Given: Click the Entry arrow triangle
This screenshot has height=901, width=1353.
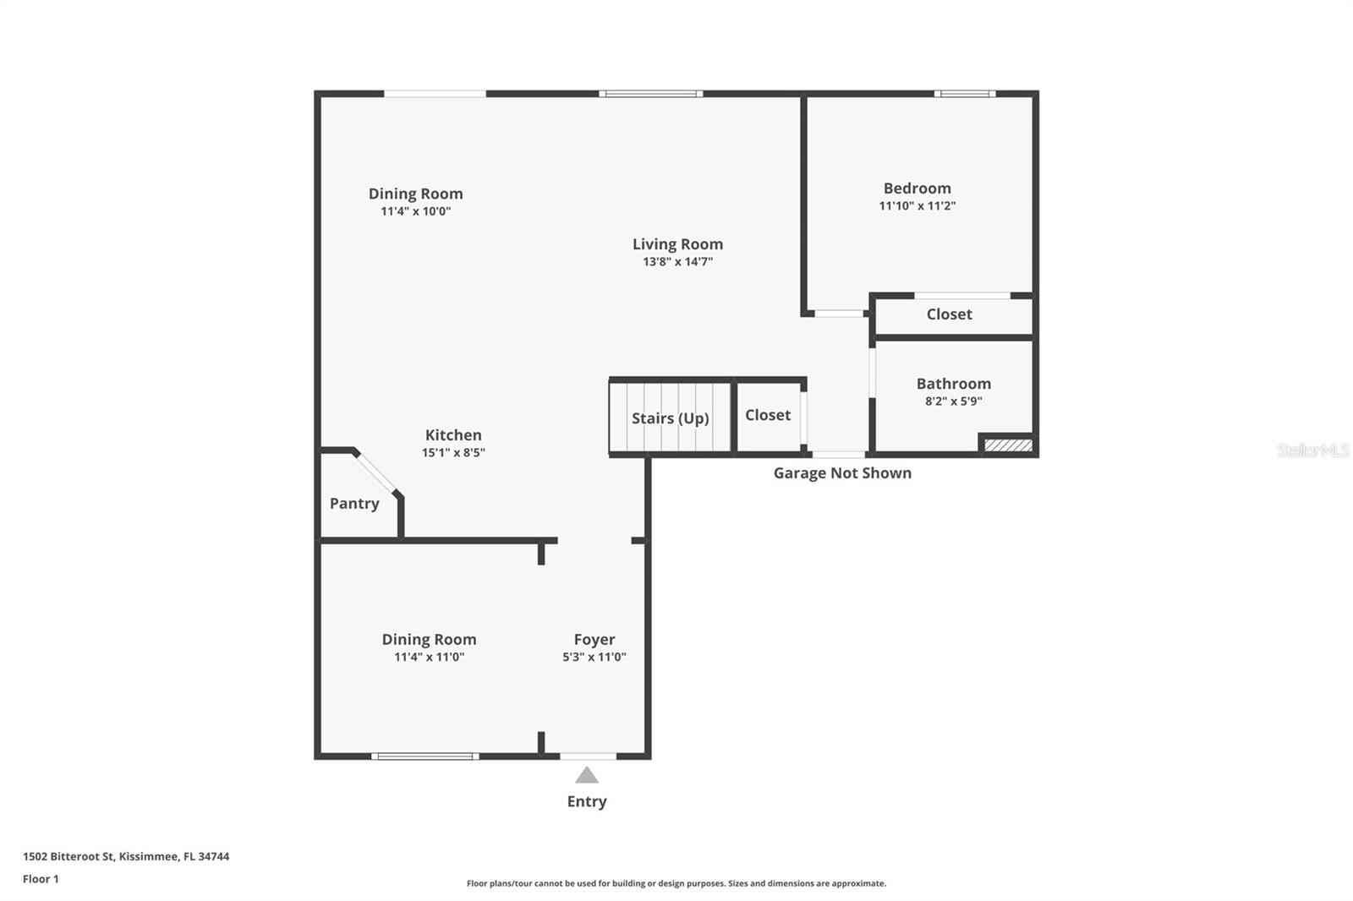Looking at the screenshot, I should [x=587, y=776].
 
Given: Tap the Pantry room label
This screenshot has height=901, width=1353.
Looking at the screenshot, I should [x=354, y=504].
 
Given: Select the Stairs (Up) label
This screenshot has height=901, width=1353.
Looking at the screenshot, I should [x=670, y=418].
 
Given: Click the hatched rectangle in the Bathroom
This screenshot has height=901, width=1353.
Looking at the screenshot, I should [x=1008, y=445].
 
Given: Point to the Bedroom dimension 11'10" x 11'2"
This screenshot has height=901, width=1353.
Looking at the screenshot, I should [x=918, y=206].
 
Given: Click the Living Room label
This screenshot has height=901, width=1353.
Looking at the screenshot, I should [x=677, y=244].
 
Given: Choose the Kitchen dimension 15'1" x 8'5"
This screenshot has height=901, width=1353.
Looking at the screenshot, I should [x=453, y=453].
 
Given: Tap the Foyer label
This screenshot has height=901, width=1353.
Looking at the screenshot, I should [x=594, y=640].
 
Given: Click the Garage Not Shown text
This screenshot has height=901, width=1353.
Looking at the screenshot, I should [x=842, y=473].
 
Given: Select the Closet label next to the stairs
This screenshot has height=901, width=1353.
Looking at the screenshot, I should [x=768, y=415].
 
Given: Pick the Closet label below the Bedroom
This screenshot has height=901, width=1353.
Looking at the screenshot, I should [x=949, y=314].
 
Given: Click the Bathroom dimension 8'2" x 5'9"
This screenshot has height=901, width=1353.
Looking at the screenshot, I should [x=953, y=401].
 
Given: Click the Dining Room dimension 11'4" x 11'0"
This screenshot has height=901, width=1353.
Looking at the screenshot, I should [x=429, y=658].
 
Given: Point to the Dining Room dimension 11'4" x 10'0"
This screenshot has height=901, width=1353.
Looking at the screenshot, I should [x=415, y=211].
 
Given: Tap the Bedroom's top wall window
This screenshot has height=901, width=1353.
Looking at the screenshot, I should [x=964, y=94].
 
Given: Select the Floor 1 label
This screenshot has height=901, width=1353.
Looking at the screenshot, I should [x=41, y=879].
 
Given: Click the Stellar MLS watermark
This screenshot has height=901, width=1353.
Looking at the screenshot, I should [x=1312, y=450].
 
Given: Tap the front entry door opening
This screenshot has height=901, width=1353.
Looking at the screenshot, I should [x=588, y=756].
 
